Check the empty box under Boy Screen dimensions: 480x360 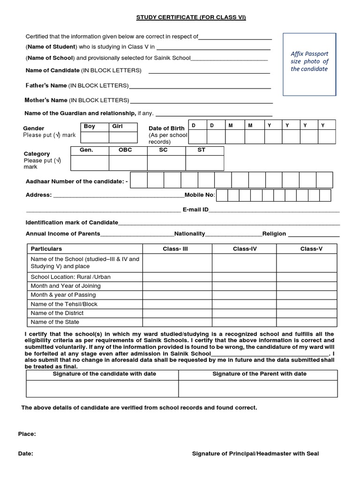[x=95, y=137]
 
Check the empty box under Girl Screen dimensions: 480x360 [x=123, y=137]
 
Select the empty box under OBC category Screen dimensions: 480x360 [x=128, y=162]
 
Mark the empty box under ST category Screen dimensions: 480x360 [x=204, y=162]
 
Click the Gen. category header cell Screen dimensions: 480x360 [x=89, y=150]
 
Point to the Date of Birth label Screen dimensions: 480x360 [x=166, y=128]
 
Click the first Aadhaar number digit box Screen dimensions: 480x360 [x=139, y=180]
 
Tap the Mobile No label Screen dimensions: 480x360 [x=200, y=195]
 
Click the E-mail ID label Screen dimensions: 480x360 [x=195, y=210]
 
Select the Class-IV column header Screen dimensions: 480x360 [x=244, y=249]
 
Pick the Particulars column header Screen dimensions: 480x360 [x=46, y=249]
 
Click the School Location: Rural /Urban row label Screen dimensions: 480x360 [x=70, y=277]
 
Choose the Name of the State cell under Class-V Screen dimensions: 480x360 [x=306, y=322]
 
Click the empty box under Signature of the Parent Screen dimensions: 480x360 [x=258, y=389]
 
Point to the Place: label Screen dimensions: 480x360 [x=27, y=434]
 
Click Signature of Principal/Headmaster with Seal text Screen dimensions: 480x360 [x=256, y=454]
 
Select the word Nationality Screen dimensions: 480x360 [x=189, y=234]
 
